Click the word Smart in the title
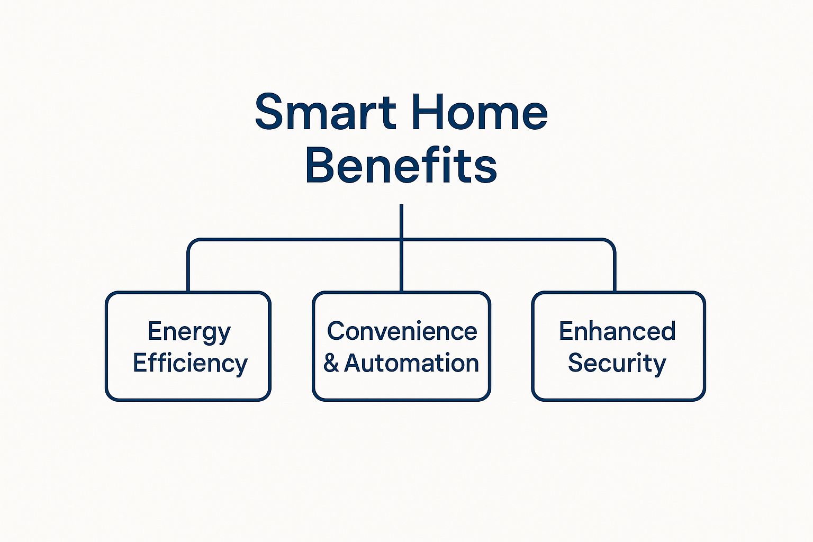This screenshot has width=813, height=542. [x=326, y=112]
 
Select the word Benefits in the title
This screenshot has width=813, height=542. [x=401, y=165]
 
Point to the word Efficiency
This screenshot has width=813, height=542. [x=190, y=364]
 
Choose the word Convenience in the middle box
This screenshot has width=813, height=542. [x=402, y=331]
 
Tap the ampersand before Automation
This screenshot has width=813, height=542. [x=331, y=363]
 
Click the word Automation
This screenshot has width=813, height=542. [x=411, y=363]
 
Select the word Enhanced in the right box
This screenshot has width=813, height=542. [x=617, y=331]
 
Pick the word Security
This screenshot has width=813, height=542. [x=617, y=364]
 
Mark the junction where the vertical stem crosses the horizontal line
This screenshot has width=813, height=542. [x=401, y=240]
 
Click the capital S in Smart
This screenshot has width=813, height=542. [x=269, y=112]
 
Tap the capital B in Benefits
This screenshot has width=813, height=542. [x=320, y=165]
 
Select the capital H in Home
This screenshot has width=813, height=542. [x=427, y=112]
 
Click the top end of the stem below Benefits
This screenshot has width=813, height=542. [x=401, y=204]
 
